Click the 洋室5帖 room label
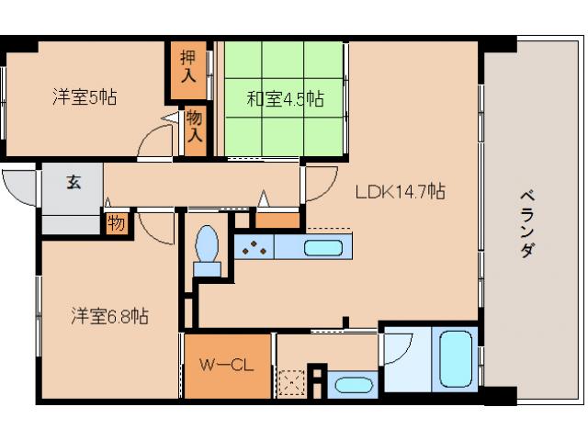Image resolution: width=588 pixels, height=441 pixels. click(84, 96)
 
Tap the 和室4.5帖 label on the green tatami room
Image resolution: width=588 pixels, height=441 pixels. click(285, 98)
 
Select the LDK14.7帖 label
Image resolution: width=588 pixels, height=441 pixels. click(401, 192)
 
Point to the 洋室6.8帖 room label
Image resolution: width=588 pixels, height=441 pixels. click(110, 317)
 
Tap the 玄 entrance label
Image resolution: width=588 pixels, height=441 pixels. click(73, 182)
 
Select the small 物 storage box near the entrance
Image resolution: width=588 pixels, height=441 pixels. click(117, 222)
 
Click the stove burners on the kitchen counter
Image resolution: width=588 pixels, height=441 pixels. click(255, 246)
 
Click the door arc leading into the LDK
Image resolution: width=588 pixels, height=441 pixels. click(320, 183)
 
